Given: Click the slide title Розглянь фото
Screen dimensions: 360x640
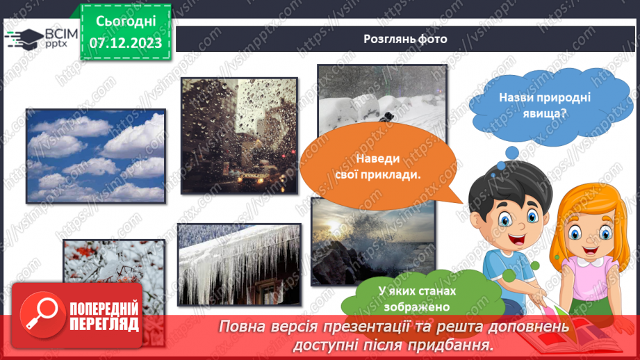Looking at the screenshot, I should click(x=405, y=39).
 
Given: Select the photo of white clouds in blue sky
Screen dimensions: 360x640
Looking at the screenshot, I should click(x=96, y=156).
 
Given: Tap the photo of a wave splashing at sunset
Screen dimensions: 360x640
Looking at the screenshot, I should click(x=372, y=240).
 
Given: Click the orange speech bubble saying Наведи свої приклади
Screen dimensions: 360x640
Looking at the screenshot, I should click(x=384, y=167).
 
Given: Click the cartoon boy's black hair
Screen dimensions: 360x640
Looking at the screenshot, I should click(x=500, y=187).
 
